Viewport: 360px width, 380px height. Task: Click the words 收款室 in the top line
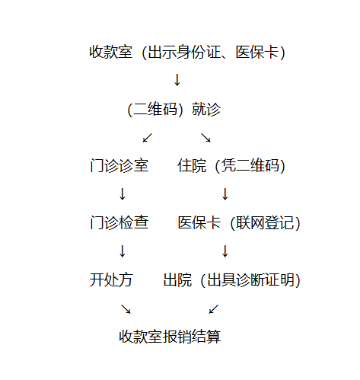click(111, 52)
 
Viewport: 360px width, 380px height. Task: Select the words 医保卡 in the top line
click(257, 52)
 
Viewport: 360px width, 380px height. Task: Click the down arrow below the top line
click(177, 80)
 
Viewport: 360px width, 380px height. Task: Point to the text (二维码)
click(155, 110)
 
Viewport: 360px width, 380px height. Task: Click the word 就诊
click(206, 110)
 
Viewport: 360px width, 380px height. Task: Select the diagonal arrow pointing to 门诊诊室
click(147, 138)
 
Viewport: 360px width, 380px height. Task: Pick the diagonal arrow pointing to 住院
click(206, 138)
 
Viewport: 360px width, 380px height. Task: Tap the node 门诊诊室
click(119, 166)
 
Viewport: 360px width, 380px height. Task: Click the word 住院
click(192, 166)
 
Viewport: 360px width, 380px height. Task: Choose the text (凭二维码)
click(250, 166)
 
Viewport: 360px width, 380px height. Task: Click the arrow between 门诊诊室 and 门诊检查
click(123, 194)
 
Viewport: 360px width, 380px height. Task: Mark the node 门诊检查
click(119, 222)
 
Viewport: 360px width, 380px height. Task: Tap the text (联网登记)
click(266, 223)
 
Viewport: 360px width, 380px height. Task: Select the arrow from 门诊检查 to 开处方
click(123, 251)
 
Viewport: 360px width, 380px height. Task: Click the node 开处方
click(111, 279)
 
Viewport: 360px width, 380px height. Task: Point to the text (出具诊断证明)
click(250, 280)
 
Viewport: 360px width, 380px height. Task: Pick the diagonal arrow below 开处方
click(126, 309)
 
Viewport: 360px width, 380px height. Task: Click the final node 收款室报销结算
click(170, 337)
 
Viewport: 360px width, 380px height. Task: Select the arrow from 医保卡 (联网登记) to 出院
click(225, 251)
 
